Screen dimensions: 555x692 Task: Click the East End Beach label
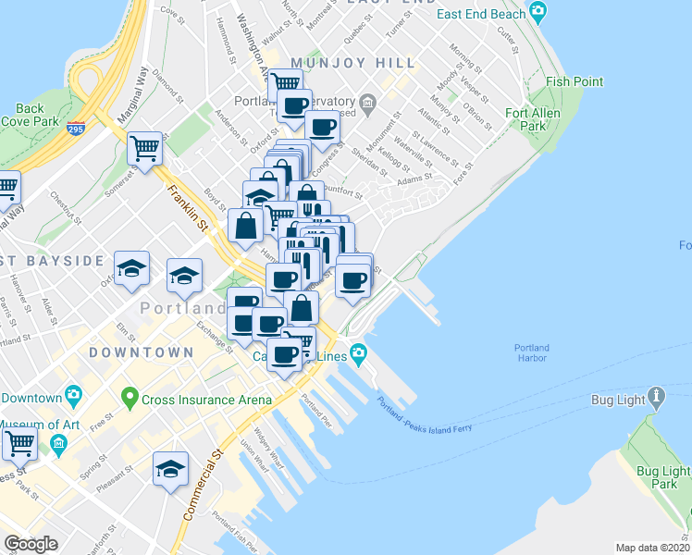[481, 14]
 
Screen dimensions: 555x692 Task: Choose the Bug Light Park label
[663, 476]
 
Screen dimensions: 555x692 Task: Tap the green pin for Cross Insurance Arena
[130, 401]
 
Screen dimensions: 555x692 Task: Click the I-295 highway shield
[77, 129]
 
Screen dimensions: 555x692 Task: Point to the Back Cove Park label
[23, 115]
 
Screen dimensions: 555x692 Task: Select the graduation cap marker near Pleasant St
[170, 469]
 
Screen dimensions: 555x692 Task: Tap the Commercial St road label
[204, 486]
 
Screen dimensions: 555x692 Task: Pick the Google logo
[31, 544]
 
